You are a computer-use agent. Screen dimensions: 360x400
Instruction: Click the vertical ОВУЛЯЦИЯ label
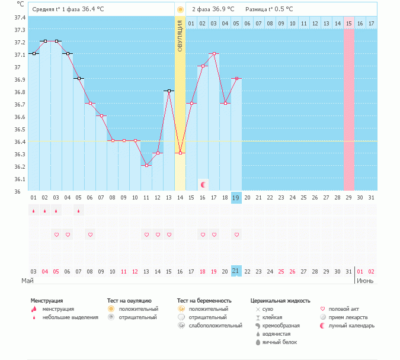click(180, 36)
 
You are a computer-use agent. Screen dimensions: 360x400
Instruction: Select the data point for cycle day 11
click(146, 165)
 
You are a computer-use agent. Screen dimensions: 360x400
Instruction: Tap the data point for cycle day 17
click(214, 53)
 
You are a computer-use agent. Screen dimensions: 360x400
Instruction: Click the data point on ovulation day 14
click(180, 153)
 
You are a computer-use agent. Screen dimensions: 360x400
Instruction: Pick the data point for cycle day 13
click(169, 91)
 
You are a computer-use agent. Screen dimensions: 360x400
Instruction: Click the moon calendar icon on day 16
click(203, 185)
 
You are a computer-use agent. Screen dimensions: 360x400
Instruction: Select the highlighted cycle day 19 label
click(236, 198)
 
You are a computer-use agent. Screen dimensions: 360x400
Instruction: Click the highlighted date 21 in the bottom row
click(236, 271)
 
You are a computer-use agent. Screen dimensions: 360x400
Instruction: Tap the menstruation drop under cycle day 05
click(79, 211)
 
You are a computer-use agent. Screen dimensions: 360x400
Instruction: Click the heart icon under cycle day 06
click(90, 234)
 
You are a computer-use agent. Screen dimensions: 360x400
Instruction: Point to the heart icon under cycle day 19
click(236, 234)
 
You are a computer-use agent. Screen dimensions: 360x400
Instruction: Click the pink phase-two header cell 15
click(348, 23)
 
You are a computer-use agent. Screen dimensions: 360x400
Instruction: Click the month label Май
click(27, 280)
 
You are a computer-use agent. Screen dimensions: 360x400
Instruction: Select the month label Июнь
click(364, 280)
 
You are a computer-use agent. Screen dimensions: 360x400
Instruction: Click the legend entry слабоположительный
click(215, 326)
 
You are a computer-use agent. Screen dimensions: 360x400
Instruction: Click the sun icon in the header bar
click(180, 9)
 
